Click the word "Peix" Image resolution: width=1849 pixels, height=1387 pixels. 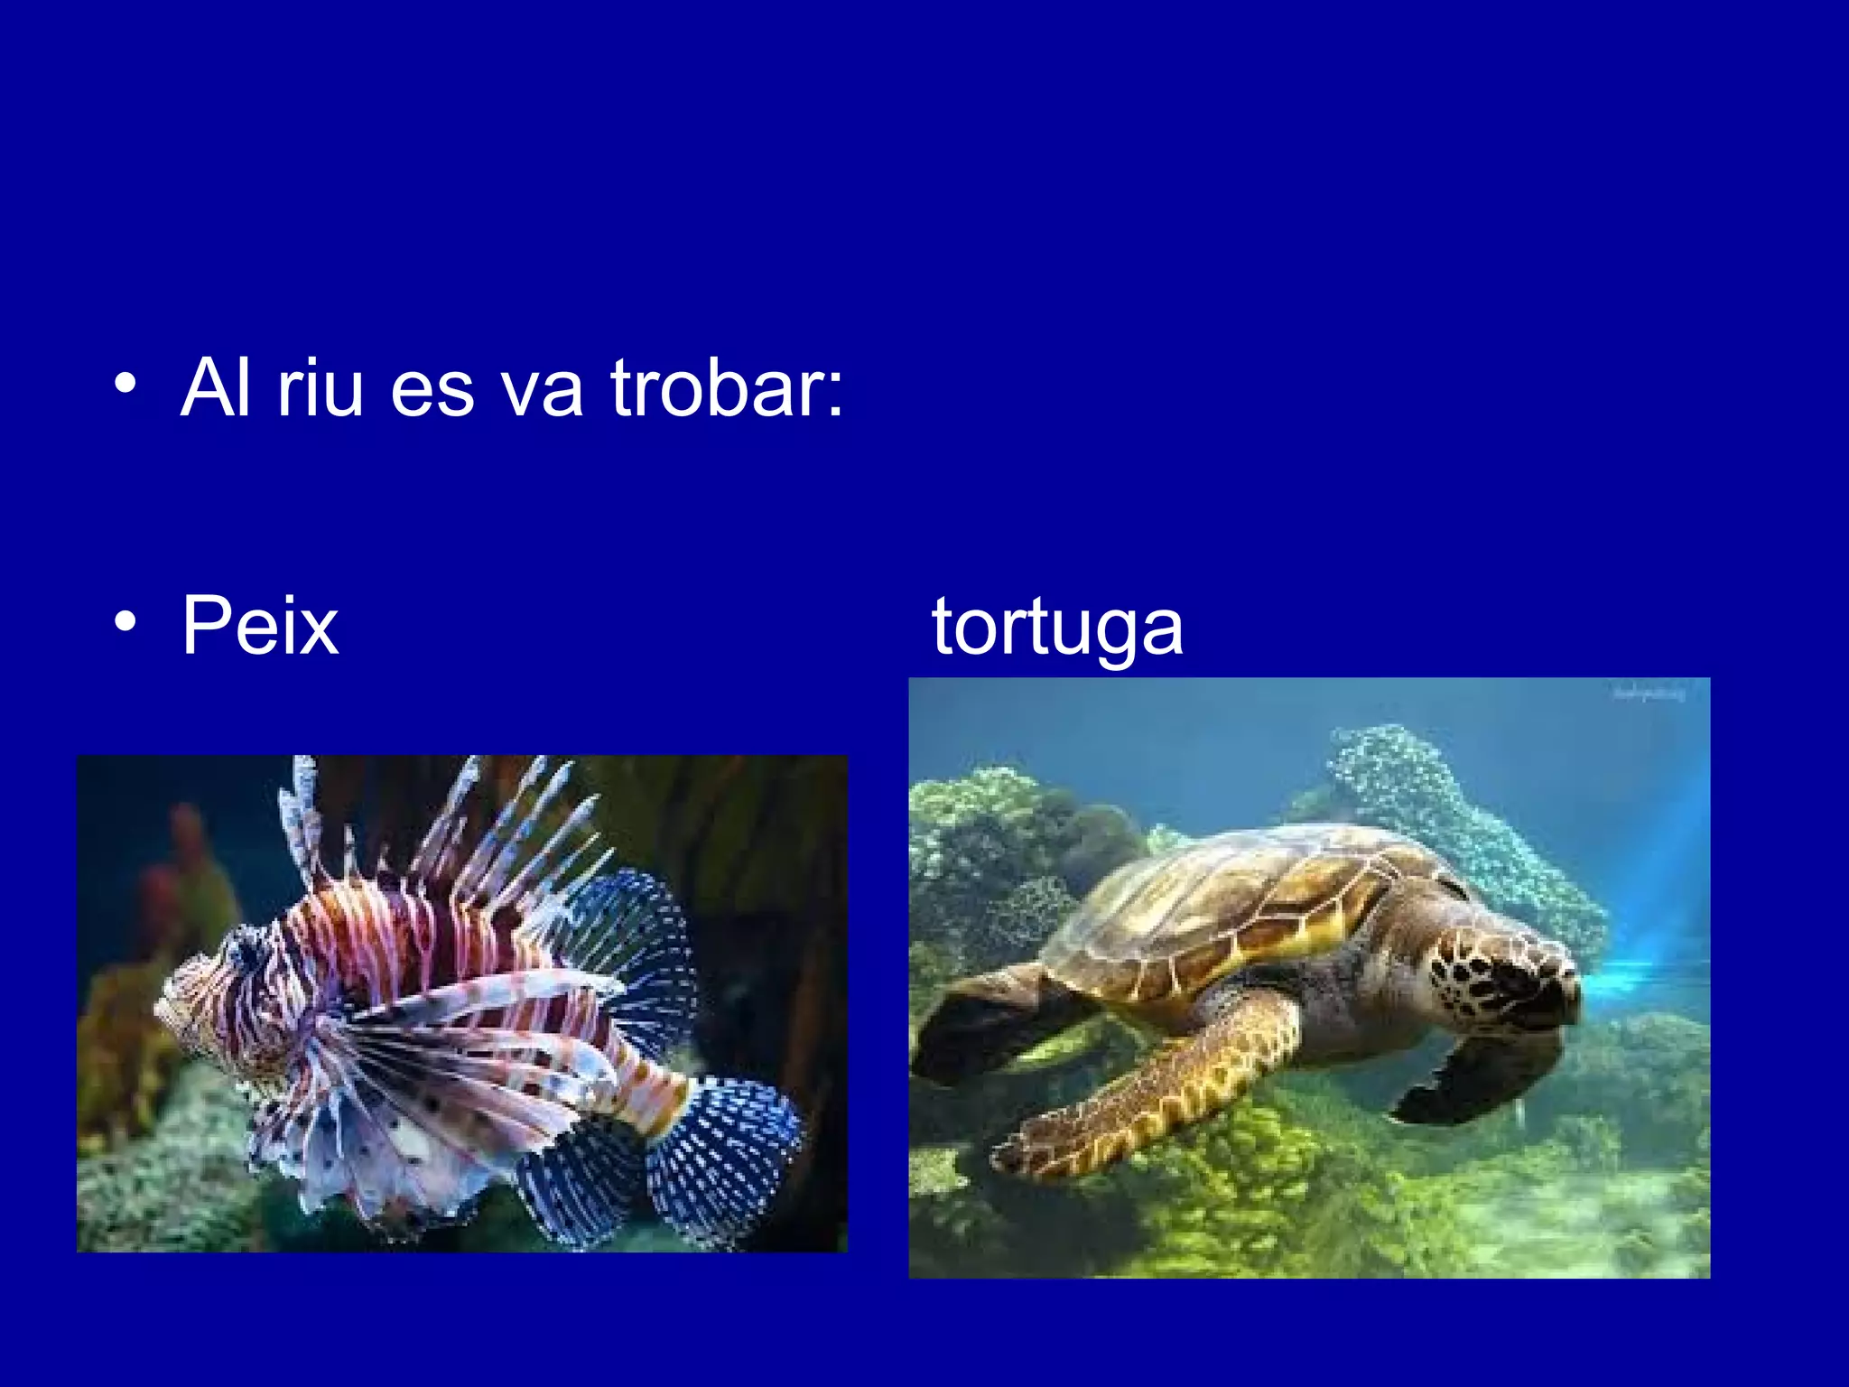click(260, 625)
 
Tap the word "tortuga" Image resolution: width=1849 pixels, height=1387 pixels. click(1057, 628)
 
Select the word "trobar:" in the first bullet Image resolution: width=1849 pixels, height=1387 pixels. click(727, 388)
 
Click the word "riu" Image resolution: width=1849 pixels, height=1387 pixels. click(320, 388)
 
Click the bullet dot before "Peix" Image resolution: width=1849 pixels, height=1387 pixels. click(125, 622)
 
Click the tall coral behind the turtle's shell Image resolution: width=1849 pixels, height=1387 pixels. click(1426, 795)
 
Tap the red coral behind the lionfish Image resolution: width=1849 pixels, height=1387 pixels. click(181, 867)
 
